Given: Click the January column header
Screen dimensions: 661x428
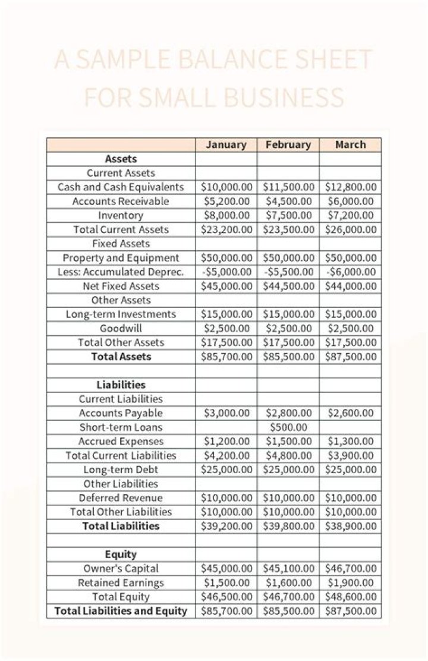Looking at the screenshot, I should pyautogui.click(x=226, y=144).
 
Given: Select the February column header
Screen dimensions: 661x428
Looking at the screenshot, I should pyautogui.click(x=288, y=144).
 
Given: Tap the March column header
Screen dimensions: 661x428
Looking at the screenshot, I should pyautogui.click(x=350, y=144).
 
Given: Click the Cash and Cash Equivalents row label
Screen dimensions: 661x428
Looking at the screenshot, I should pyautogui.click(x=121, y=187).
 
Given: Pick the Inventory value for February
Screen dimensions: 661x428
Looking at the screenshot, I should pyautogui.click(x=288, y=215).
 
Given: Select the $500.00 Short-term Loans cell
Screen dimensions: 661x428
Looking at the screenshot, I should pyautogui.click(x=288, y=427).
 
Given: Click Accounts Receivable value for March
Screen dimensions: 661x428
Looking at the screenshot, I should pyautogui.click(x=350, y=202).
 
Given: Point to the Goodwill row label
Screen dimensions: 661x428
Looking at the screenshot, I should pyautogui.click(x=121, y=328).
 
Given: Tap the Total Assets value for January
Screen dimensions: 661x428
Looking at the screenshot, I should pyautogui.click(x=226, y=357).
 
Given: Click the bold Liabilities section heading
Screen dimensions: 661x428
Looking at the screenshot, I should pyautogui.click(x=121, y=385).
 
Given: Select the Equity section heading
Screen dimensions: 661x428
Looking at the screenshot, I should pyautogui.click(x=121, y=555).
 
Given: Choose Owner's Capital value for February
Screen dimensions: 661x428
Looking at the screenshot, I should pyautogui.click(x=288, y=569).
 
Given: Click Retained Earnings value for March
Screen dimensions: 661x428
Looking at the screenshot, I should pyautogui.click(x=350, y=583).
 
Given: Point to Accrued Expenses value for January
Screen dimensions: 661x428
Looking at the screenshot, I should pyautogui.click(x=226, y=442).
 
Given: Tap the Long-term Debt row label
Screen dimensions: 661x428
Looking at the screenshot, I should pyautogui.click(x=121, y=470).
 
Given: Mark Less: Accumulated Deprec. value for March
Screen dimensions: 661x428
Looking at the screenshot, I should pyautogui.click(x=350, y=272).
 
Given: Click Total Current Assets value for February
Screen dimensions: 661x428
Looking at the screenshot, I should pyautogui.click(x=288, y=229).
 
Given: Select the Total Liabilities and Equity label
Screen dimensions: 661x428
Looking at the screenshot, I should pyautogui.click(x=121, y=611).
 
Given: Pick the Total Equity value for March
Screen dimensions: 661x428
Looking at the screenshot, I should pyautogui.click(x=350, y=597).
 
